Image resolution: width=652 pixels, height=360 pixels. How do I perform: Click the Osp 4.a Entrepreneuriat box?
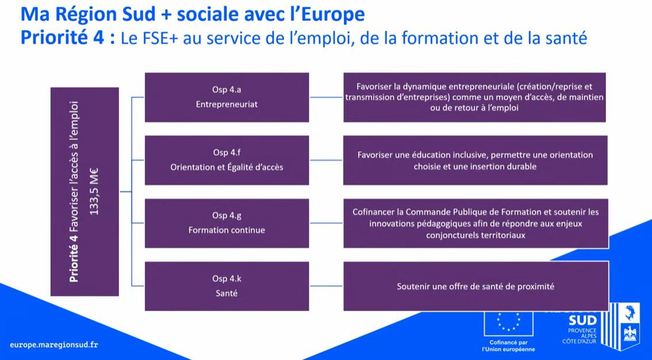(x=226, y=97)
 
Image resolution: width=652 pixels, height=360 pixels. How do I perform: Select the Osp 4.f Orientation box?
(x=226, y=160)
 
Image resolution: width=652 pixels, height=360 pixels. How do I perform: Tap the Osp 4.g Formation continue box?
(x=226, y=223)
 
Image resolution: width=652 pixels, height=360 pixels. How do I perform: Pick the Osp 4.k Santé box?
(x=226, y=286)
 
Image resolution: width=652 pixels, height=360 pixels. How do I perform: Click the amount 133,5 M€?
(x=94, y=191)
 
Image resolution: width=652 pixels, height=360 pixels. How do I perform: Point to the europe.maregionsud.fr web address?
(x=54, y=344)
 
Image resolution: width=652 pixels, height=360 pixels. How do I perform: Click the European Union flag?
(x=508, y=323)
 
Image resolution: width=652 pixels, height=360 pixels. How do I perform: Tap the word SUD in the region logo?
(x=582, y=320)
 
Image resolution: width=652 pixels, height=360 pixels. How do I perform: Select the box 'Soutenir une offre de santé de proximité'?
(x=476, y=286)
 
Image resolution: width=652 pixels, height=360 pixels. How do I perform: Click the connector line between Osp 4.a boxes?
(x=327, y=97)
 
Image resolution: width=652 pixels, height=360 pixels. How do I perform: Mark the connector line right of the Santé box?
(x=327, y=286)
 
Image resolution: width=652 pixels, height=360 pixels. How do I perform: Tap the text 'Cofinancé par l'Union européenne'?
(x=508, y=346)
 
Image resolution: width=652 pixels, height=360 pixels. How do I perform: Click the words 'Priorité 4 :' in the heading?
(x=68, y=38)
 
